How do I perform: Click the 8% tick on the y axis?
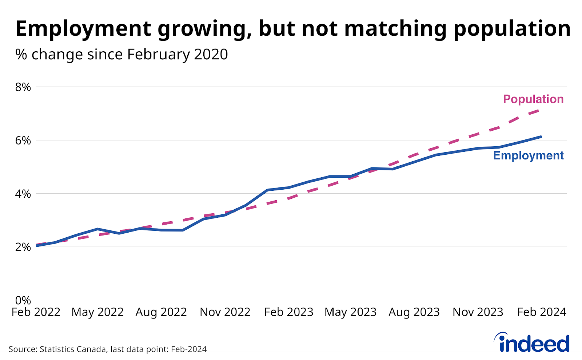pos(23,87)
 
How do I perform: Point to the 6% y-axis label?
pos(23,141)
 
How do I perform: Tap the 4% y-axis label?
pos(23,194)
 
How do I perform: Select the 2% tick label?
pos(23,247)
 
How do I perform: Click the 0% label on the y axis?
pos(23,300)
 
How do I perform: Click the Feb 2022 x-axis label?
pos(36,312)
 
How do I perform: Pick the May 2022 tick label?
pos(97,312)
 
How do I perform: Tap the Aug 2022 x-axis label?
pos(161,312)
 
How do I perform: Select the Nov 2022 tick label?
pos(225,312)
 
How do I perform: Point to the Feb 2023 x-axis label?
pos(289,312)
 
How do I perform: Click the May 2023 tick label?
pos(350,312)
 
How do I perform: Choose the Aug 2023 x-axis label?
pos(414,312)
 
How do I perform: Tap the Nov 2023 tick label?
pos(478,312)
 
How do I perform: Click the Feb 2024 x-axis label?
pos(542,312)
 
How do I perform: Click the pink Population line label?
pos(533,99)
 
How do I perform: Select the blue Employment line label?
pos(528,155)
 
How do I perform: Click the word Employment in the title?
pos(83,29)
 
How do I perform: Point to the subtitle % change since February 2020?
pos(121,55)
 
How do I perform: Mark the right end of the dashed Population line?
pos(540,109)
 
